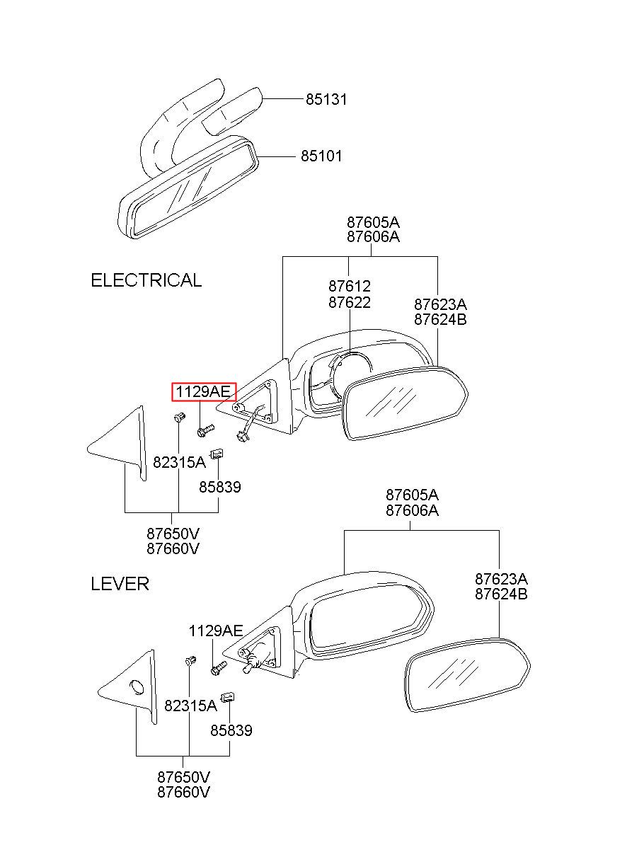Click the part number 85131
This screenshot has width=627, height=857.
click(x=326, y=100)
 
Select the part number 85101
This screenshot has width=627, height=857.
click(x=321, y=156)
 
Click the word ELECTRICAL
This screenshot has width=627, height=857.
click(x=146, y=280)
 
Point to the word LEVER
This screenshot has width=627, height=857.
click(x=120, y=584)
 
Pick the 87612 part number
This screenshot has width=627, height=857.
click(x=349, y=287)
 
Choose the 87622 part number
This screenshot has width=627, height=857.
click(x=349, y=302)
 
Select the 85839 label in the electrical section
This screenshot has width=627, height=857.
click(x=219, y=487)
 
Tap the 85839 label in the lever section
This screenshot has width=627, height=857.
click(x=231, y=730)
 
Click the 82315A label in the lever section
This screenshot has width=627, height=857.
click(x=190, y=706)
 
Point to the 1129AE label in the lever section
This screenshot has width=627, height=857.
click(x=215, y=631)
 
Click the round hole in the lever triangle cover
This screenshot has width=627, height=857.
click(x=137, y=686)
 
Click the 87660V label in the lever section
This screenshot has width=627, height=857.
click(x=183, y=791)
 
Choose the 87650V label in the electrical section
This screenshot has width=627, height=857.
click(x=173, y=533)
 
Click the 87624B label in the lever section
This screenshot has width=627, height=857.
click(x=501, y=594)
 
